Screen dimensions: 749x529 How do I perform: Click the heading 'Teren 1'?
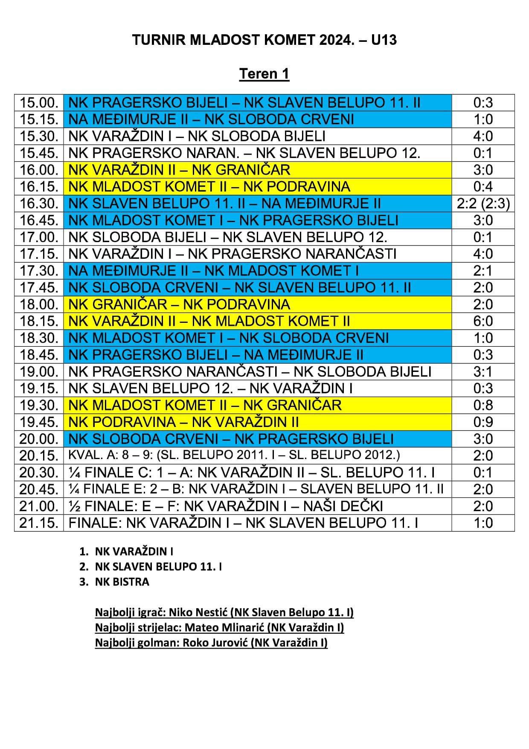coord(264,74)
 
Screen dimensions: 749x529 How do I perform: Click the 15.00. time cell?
coord(39,102)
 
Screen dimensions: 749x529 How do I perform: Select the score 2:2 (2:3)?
coord(483,204)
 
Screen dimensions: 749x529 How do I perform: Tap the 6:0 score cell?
coord(483,321)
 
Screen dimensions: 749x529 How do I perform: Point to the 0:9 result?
coord(483,422)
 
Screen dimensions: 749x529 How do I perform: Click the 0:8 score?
coord(483,405)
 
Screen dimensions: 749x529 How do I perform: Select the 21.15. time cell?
coord(39,523)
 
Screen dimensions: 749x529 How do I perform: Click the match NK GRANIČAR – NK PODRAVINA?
coord(179,304)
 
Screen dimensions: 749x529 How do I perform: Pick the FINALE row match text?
coord(243,523)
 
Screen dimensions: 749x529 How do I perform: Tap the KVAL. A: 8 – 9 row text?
coord(234,455)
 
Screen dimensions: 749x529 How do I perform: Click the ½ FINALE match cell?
coord(226,506)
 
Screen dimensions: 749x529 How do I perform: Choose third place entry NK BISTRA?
coord(122,582)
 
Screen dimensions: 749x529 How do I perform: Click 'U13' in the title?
coord(384,40)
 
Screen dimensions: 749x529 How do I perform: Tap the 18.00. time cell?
coord(39,304)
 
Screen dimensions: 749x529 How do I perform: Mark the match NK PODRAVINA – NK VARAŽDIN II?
coord(183,422)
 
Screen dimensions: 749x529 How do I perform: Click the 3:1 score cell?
coord(483,372)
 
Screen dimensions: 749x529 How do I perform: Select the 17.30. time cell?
coord(39,271)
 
